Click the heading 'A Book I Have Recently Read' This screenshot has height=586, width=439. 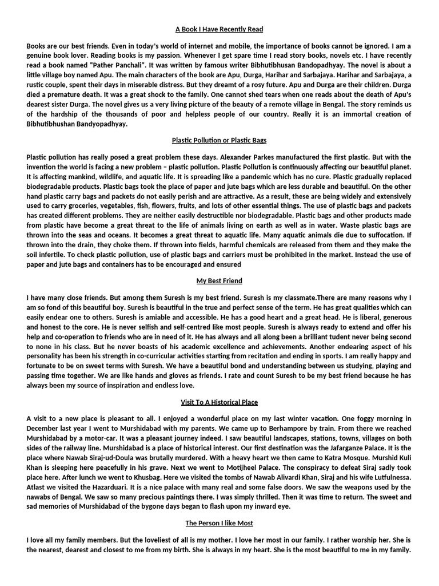(219, 29)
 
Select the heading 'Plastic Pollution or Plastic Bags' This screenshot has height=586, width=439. (219, 140)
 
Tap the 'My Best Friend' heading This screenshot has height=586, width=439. (219, 281)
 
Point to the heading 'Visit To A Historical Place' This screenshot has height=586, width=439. (219, 402)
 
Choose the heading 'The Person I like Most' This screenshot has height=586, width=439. (219, 523)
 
